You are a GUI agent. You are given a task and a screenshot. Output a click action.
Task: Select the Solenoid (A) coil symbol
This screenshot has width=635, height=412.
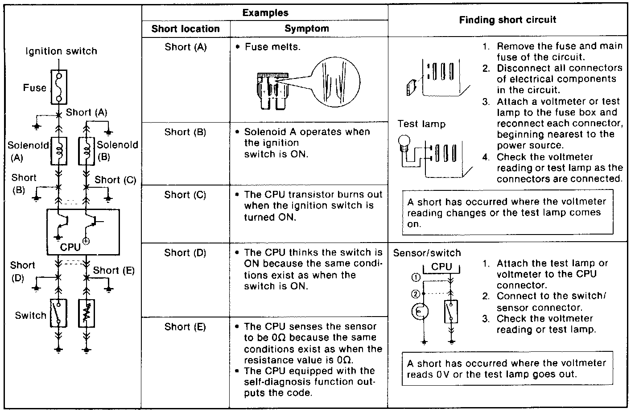(59, 151)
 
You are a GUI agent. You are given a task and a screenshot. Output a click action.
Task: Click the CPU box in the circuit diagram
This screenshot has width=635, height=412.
(83, 232)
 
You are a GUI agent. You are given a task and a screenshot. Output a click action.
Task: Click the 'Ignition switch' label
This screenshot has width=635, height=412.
(61, 51)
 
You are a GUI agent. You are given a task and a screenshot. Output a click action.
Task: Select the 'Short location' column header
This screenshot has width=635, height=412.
(186, 29)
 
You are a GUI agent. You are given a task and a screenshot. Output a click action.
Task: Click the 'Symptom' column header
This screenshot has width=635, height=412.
(307, 29)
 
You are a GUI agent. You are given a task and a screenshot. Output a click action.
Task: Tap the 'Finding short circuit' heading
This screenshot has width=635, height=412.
(507, 20)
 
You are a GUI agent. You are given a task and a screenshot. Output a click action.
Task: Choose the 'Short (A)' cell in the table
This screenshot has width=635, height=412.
(186, 46)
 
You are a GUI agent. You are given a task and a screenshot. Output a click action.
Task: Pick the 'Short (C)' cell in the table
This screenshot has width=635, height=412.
(186, 195)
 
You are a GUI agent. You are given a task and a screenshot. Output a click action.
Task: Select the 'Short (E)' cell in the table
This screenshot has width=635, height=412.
(186, 327)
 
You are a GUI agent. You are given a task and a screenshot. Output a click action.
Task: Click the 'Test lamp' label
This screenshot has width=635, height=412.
(421, 124)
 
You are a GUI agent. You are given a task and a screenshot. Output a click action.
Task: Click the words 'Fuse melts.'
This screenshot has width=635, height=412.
(272, 46)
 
